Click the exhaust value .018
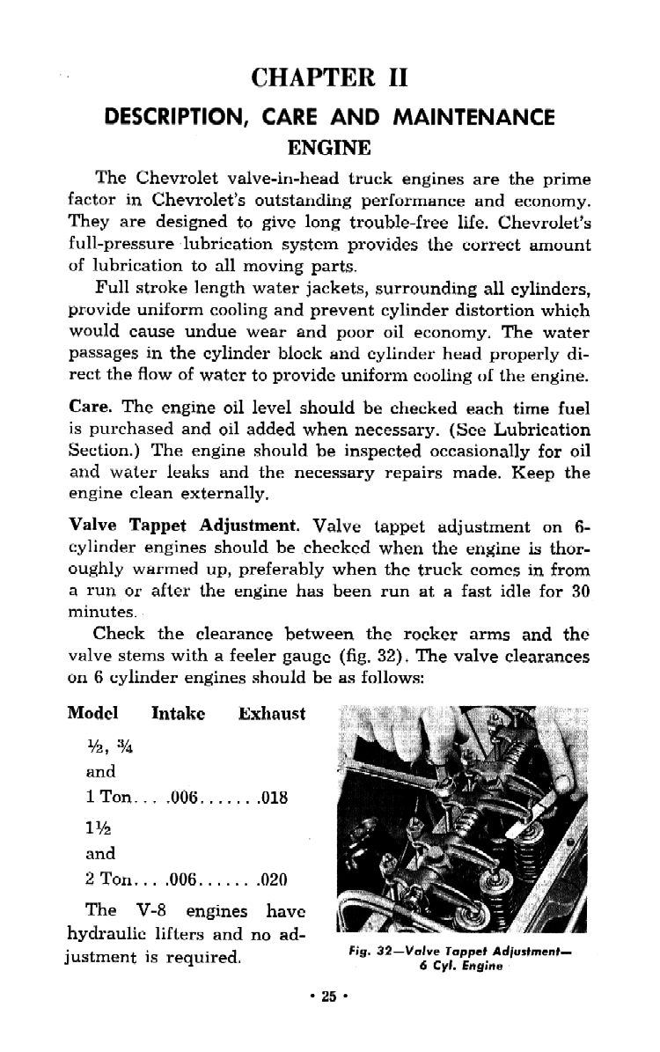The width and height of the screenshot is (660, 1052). pyautogui.click(x=274, y=799)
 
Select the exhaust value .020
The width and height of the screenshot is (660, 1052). pyautogui.click(x=274, y=879)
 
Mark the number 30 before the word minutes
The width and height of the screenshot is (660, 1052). pyautogui.click(x=578, y=588)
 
